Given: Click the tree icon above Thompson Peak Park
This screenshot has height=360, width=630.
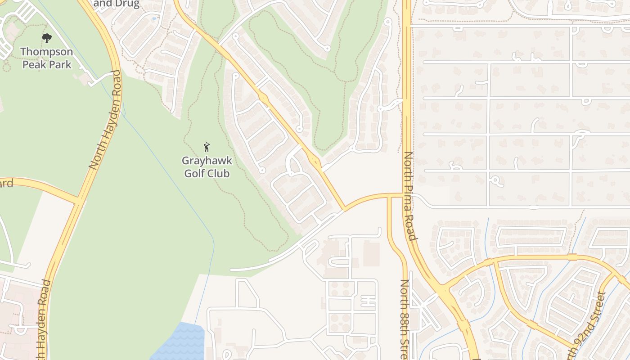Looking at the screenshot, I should pos(47,38).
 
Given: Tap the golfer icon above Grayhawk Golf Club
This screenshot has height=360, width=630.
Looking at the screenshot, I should pos(207,147).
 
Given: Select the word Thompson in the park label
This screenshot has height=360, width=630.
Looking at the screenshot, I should pos(46,52).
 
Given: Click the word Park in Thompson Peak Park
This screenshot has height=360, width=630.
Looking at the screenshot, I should pos(60,64).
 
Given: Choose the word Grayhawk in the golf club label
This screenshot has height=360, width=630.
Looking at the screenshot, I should pos(207,161).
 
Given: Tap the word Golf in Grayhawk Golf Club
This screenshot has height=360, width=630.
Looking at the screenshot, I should pos(195,173).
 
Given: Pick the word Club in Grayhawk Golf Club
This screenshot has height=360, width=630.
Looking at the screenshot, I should pos(219,173).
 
